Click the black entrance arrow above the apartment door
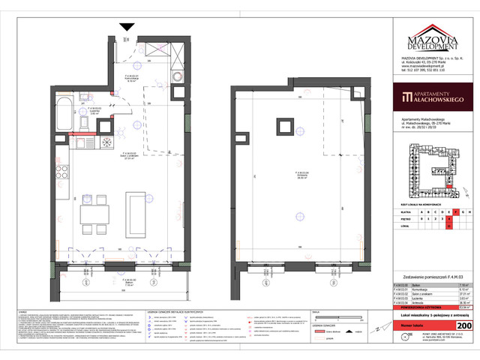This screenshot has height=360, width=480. (127, 27)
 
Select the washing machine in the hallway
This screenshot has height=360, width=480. (176, 78)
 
